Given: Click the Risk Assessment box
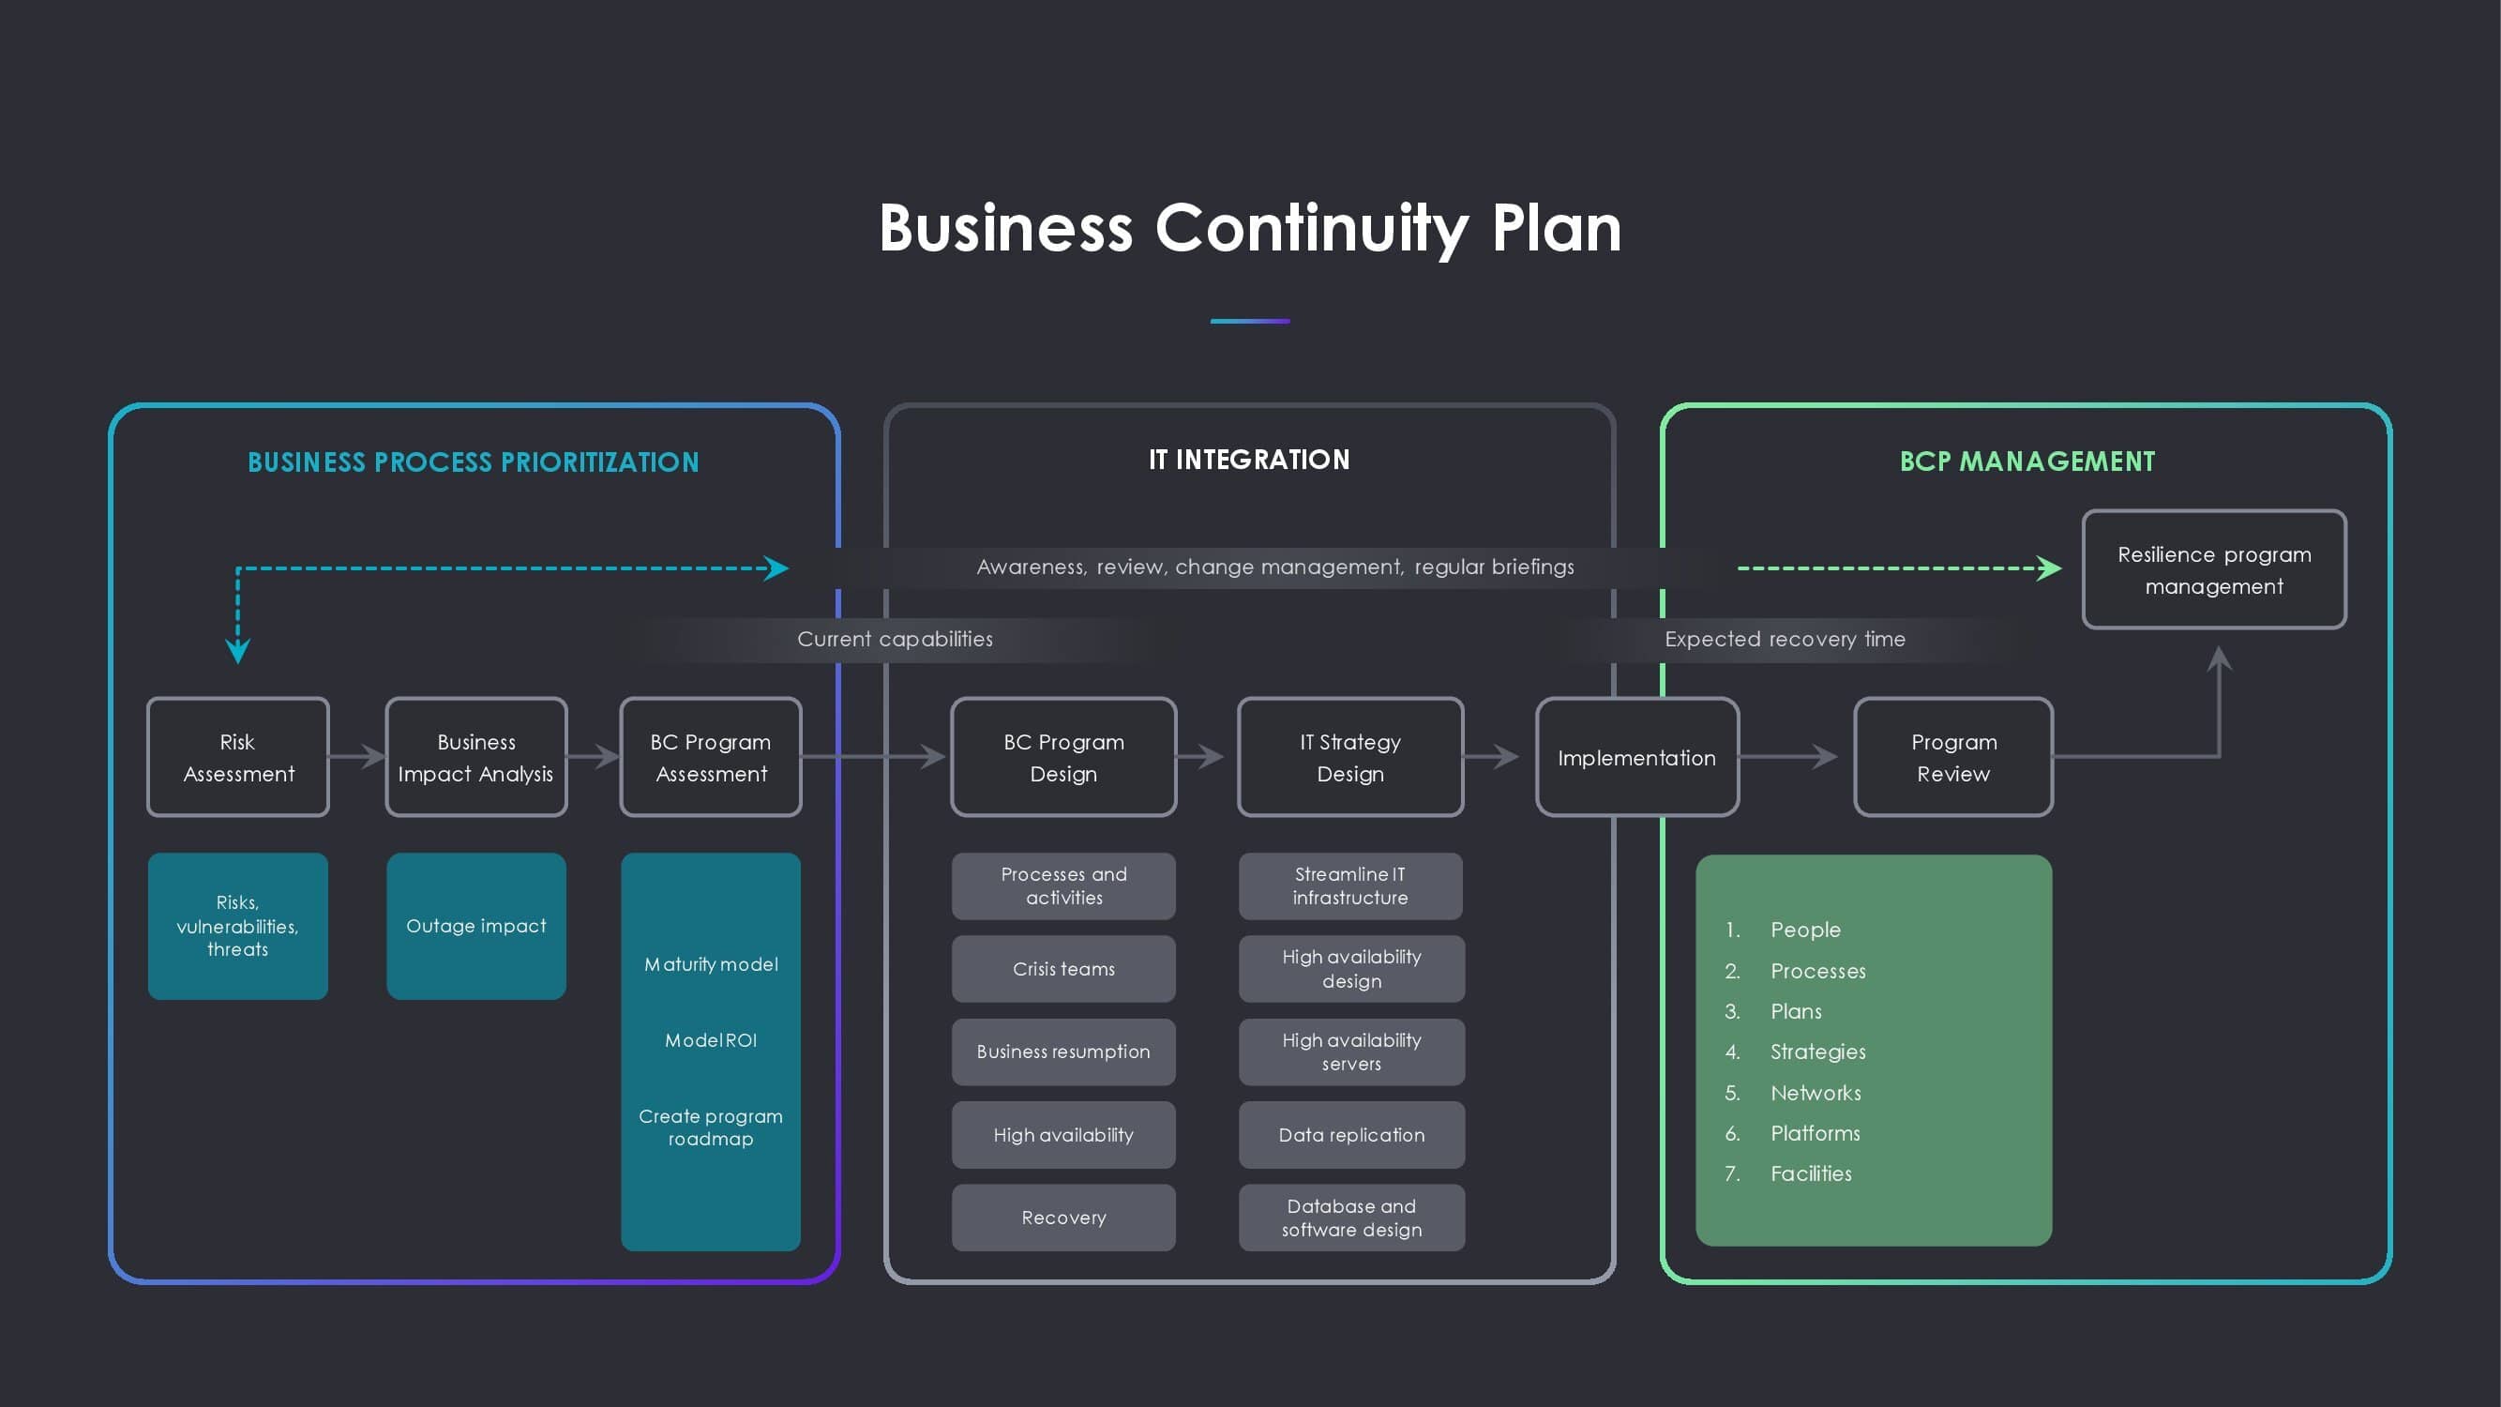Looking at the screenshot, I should (x=238, y=757).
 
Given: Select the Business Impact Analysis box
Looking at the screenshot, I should (x=475, y=757).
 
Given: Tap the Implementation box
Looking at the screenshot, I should (x=1637, y=757).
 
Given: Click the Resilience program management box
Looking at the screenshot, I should (x=2214, y=570).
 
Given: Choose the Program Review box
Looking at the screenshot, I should (x=1953, y=757).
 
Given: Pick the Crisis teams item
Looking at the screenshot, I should (x=1063, y=969).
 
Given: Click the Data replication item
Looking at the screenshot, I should (x=1351, y=1135).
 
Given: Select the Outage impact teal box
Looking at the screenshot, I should (x=475, y=927).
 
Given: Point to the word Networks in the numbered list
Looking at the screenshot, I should (x=1815, y=1094).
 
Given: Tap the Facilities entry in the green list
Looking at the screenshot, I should (x=1811, y=1174).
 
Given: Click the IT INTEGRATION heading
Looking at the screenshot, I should (x=1248, y=460).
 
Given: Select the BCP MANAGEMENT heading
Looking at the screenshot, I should (x=2026, y=461).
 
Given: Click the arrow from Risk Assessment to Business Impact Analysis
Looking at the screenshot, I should (x=359, y=755).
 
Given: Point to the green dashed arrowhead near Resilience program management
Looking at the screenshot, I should (x=2049, y=568).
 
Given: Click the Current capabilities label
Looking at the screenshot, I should (x=895, y=639).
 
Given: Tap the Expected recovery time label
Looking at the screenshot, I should (x=1785, y=639).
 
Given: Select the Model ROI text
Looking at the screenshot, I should (x=711, y=1041).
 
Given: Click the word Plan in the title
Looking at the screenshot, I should (x=1557, y=229).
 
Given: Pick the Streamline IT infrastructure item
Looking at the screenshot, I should (x=1349, y=886).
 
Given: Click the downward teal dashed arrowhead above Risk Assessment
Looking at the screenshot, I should (x=238, y=650).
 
